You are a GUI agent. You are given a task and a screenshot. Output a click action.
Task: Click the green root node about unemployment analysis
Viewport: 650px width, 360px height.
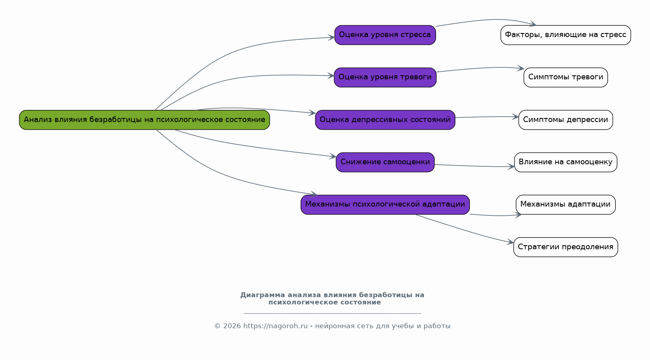145,120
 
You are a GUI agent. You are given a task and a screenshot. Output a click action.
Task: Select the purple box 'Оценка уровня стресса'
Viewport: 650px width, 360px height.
385,35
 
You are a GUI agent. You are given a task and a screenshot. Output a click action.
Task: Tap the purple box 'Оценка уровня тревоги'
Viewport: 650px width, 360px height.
385,77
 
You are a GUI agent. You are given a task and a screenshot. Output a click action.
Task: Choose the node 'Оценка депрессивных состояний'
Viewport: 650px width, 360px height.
385,120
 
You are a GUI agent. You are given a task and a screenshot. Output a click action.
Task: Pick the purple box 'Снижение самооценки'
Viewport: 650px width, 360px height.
385,162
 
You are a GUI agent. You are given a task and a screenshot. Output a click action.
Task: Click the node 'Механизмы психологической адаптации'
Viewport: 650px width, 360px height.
385,205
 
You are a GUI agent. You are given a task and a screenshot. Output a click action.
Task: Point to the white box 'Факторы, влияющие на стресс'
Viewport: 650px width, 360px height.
565,35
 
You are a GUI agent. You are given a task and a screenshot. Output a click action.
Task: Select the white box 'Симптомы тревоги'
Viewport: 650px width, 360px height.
565,77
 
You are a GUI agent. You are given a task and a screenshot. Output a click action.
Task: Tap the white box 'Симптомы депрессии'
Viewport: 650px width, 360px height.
565,120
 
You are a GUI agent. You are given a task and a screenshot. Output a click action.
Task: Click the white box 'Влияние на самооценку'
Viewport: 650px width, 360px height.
565,162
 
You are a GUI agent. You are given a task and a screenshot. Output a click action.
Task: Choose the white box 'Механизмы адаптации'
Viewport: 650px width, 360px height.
565,205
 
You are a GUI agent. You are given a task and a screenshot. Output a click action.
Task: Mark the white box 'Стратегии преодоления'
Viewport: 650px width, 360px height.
565,247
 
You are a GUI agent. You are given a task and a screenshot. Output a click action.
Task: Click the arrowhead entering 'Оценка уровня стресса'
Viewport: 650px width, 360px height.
331,37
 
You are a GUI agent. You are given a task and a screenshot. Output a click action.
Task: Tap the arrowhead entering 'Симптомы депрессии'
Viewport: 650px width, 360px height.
515,117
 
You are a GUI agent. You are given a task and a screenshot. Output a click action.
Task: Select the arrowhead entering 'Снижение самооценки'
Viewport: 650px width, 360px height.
333,156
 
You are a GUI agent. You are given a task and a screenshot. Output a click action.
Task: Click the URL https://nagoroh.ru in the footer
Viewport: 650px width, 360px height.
275,326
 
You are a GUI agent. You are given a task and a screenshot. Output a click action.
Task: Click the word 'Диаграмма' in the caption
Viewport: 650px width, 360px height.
263,295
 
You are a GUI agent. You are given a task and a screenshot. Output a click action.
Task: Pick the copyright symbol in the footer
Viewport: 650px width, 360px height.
217,326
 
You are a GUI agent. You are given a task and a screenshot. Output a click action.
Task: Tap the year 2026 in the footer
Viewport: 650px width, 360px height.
232,326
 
